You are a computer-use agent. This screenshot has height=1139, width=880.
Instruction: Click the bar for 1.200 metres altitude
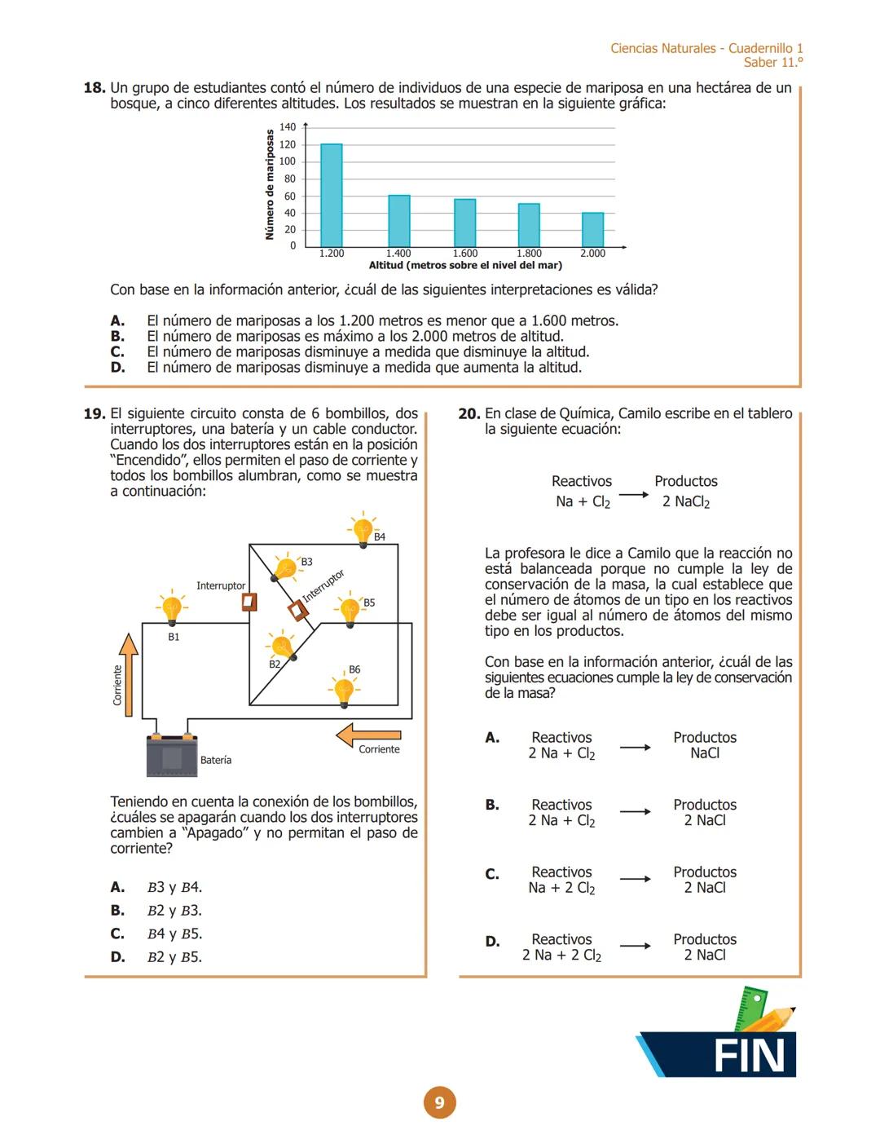point(331,195)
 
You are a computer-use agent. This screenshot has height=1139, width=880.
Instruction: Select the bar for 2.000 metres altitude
point(592,229)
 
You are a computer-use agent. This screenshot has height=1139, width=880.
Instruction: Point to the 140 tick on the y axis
point(288,127)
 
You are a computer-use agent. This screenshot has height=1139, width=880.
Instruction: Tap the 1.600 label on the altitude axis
point(464,254)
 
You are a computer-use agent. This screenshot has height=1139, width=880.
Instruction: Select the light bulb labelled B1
point(171,608)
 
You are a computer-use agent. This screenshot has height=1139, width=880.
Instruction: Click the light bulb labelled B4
point(363,531)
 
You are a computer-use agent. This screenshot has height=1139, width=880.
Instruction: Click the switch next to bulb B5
point(298,611)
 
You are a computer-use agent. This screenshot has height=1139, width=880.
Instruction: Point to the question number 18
point(95,88)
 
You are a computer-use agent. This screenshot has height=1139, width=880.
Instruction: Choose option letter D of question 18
point(117,368)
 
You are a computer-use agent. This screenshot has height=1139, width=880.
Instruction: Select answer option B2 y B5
point(174,957)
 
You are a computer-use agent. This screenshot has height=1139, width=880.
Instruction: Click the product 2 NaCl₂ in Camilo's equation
point(685,502)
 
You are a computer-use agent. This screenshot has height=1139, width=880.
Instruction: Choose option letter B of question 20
point(492,806)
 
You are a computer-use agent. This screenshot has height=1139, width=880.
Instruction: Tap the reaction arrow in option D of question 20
point(635,947)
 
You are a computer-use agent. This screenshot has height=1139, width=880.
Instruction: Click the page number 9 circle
point(439,1103)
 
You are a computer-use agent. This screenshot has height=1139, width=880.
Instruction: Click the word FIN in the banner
point(748,1056)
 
